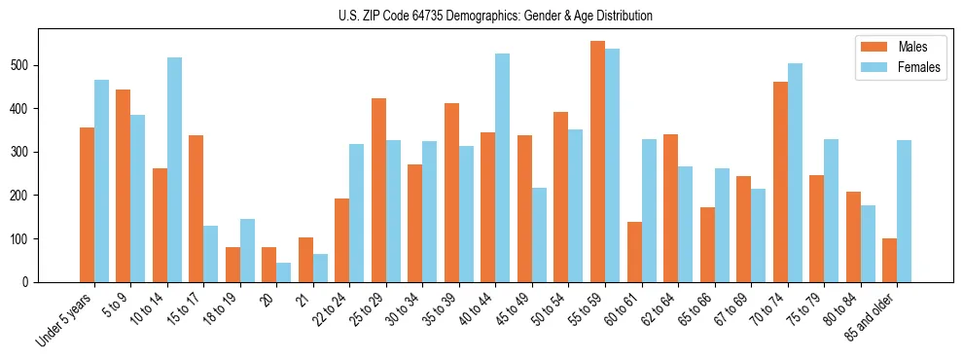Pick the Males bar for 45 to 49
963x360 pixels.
tap(524, 208)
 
